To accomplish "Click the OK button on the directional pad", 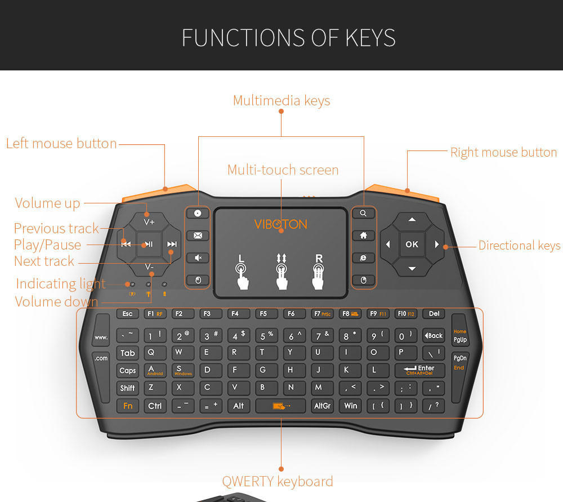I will [x=412, y=244].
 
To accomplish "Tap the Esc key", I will [x=127, y=314].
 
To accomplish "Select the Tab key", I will [x=128, y=353].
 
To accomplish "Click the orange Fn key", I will [x=128, y=406].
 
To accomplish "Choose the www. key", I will [x=101, y=337].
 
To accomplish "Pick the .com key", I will [x=101, y=358].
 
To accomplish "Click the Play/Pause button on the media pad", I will [x=149, y=244].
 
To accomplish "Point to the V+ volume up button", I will [x=149, y=222].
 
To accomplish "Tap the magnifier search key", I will [x=363, y=214].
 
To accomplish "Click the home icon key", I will [x=363, y=236].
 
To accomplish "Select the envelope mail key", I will [x=198, y=236].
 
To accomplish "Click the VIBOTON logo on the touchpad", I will [x=280, y=224].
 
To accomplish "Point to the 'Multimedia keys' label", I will [x=281, y=101].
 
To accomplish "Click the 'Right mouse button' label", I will [x=503, y=152].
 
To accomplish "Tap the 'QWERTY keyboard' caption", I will [x=278, y=482].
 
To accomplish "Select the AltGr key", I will [x=323, y=406].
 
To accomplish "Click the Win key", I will [x=351, y=406].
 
